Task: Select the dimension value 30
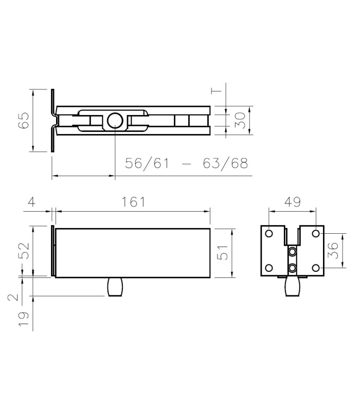(x=240, y=120)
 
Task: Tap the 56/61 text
(x=147, y=163)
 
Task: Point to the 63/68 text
(x=225, y=163)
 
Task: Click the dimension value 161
(x=133, y=202)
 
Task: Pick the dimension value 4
(x=31, y=202)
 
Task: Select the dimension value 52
(x=24, y=251)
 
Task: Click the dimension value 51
(x=223, y=252)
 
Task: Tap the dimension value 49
(x=293, y=202)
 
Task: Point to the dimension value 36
(x=333, y=250)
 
